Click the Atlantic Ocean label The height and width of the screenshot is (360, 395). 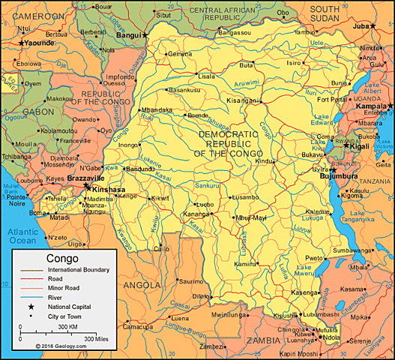[x=22, y=236]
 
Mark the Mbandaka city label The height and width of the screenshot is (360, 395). [x=157, y=109]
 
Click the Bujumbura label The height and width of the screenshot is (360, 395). [x=351, y=175]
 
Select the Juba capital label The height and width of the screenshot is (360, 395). [x=362, y=25]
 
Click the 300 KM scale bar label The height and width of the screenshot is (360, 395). [x=68, y=327]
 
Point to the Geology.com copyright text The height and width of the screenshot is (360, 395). [x=61, y=346]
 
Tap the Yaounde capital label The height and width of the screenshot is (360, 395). [x=37, y=43]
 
